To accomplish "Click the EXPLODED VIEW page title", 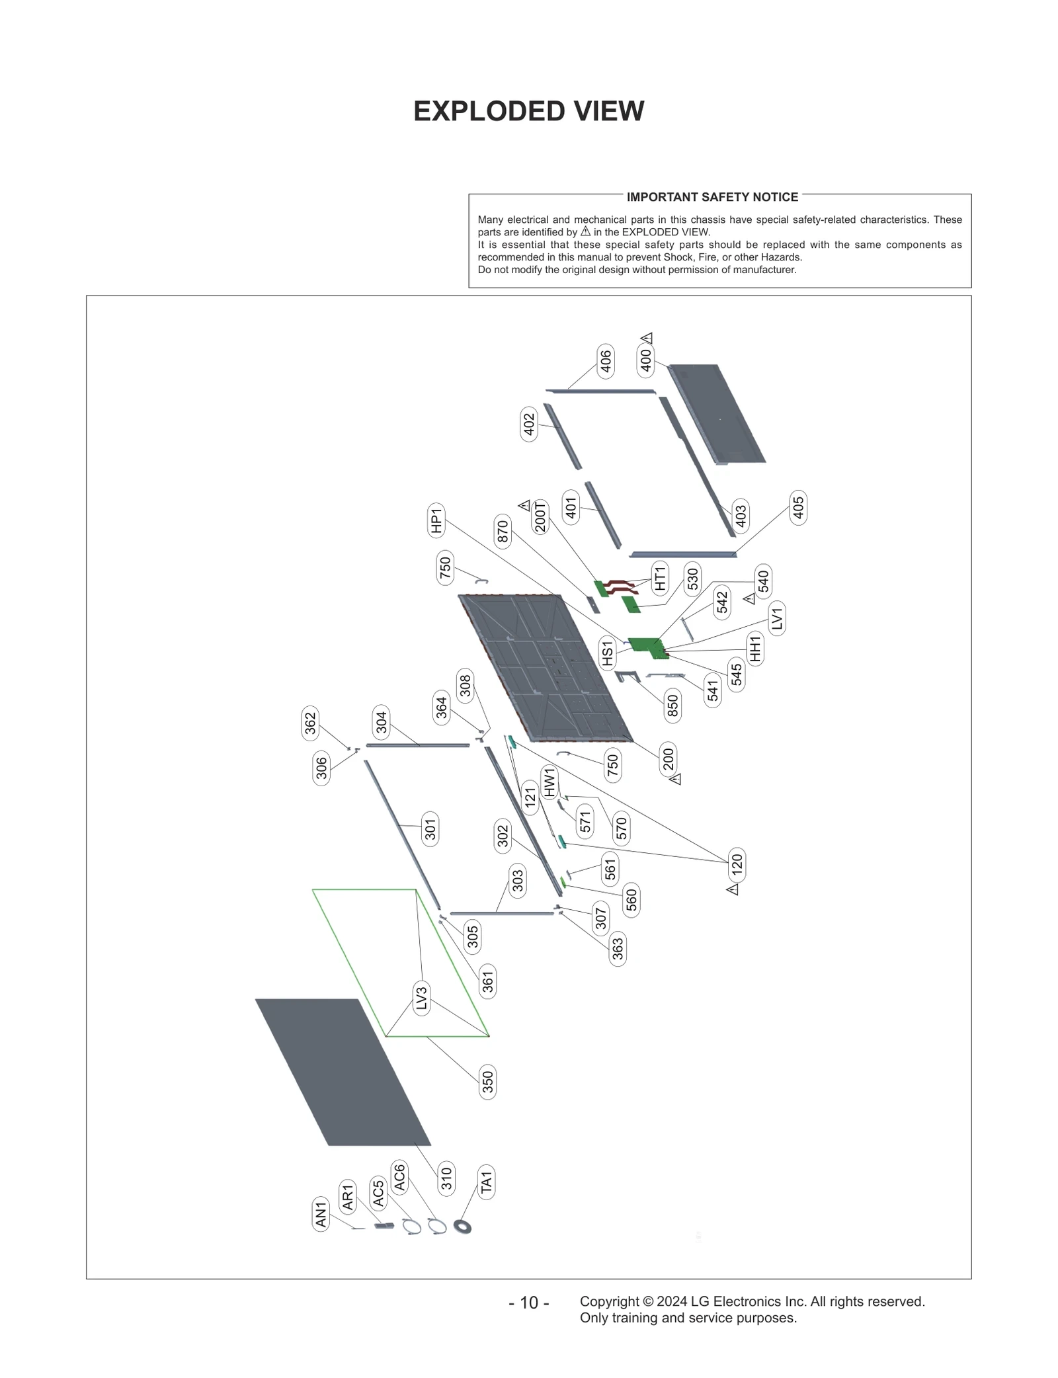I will (528, 112).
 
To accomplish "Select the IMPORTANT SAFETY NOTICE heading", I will (712, 197).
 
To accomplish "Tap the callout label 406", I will (605, 361).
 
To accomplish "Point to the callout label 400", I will (645, 360).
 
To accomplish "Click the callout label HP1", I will (436, 520).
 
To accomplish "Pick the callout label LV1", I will (777, 618).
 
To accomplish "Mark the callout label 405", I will (798, 508).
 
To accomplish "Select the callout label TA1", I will (486, 1182).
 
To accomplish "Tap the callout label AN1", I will (321, 1214).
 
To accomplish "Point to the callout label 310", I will (446, 1178).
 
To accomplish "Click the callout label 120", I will (737, 864).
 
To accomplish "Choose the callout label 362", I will (310, 723).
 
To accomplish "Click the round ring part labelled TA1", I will (463, 1227).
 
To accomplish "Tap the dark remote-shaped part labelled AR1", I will (384, 1226).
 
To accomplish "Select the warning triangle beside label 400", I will (647, 338).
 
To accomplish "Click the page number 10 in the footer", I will (529, 1302).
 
